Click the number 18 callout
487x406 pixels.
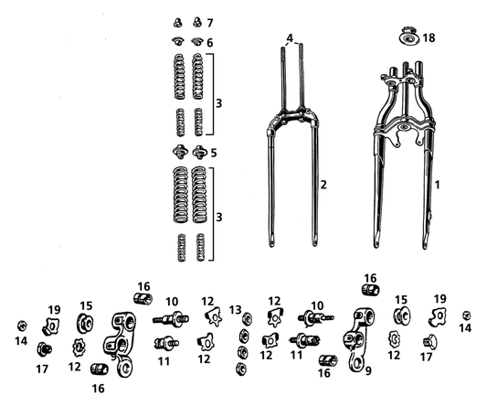click(429, 37)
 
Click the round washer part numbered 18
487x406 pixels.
click(408, 38)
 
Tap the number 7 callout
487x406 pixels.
click(210, 23)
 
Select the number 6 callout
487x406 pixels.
click(210, 43)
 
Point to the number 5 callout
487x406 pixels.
click(214, 153)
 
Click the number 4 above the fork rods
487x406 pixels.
click(290, 38)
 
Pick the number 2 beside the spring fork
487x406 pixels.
click(323, 185)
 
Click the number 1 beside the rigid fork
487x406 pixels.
click(438, 185)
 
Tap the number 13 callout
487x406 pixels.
click(235, 310)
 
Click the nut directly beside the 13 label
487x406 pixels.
click(248, 318)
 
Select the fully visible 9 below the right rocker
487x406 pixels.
click(368, 370)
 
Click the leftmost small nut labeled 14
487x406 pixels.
click(22, 326)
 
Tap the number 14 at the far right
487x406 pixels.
click(465, 327)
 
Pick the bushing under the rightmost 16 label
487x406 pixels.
click(371, 290)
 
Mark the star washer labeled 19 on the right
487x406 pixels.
click(438, 316)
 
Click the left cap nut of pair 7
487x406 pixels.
click(177, 23)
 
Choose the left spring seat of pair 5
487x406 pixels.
click(180, 152)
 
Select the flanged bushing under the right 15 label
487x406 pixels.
click(402, 315)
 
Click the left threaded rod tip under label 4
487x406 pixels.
click(283, 48)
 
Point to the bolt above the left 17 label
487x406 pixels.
click(44, 349)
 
